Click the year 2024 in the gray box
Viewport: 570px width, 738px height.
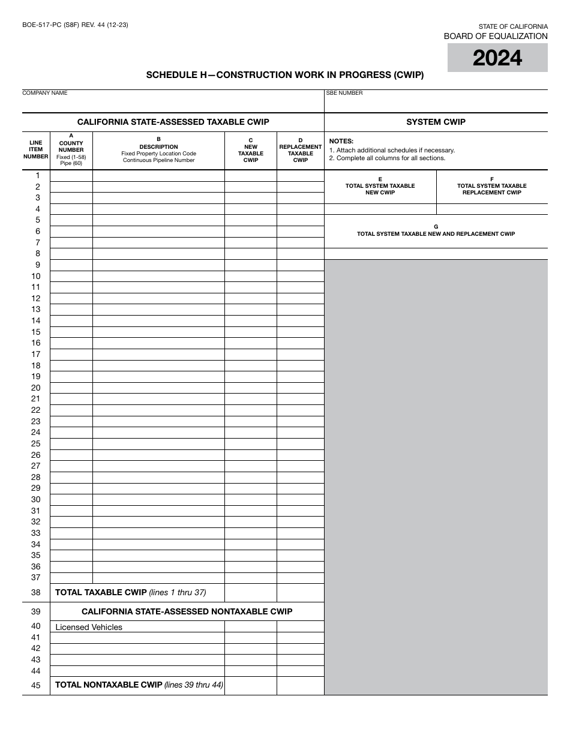coord(497,58)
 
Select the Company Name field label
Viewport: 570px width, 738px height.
coord(45,93)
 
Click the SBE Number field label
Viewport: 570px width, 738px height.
coord(344,93)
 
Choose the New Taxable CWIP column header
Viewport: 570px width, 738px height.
coord(251,150)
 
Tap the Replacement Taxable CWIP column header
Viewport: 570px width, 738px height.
coord(301,150)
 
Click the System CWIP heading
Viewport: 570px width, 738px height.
coord(436,122)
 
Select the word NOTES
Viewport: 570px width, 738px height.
coord(341,141)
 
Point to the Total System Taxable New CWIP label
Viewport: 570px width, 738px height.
coord(380,186)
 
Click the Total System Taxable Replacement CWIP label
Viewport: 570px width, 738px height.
coord(492,186)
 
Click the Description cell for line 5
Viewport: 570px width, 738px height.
coord(158,220)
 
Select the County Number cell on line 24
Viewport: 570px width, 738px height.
coord(71,433)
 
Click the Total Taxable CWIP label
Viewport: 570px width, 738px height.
coord(101,592)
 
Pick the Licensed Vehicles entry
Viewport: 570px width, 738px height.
coord(89,627)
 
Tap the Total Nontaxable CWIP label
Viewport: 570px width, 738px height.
coord(109,685)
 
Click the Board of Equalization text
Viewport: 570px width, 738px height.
coord(496,36)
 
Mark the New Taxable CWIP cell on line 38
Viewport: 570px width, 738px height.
coord(251,593)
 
